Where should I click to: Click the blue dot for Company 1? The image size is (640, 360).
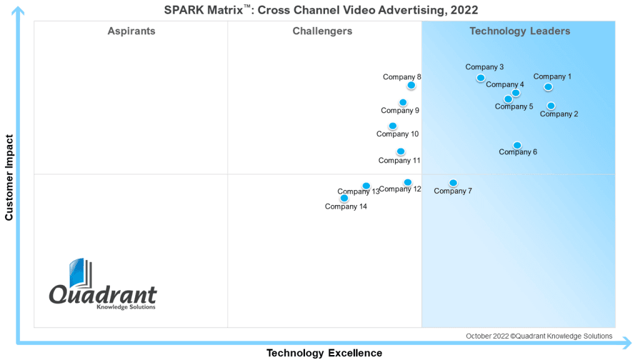[548, 87]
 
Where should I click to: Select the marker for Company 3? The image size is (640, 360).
[481, 78]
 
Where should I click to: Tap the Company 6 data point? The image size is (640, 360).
[517, 145]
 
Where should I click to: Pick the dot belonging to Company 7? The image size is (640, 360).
[453, 183]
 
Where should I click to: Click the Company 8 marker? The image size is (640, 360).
[411, 85]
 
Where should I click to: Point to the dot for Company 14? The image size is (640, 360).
[344, 198]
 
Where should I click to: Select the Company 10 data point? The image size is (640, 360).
[392, 126]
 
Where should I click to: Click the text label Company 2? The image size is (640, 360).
[559, 114]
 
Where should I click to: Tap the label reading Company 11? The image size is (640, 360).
[399, 161]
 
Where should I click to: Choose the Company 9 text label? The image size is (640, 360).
[400, 111]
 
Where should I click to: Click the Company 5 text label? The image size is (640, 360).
[514, 106]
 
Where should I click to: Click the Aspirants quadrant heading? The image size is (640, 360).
[131, 31]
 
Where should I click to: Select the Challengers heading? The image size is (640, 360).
[322, 31]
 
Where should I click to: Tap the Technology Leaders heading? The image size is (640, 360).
[520, 31]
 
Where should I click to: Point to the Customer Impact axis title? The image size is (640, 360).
[9, 177]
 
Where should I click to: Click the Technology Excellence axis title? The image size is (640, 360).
[324, 353]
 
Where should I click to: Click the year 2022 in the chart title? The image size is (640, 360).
[464, 10]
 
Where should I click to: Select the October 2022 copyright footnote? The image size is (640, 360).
[539, 336]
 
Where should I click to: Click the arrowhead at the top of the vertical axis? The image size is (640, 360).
[18, 11]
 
